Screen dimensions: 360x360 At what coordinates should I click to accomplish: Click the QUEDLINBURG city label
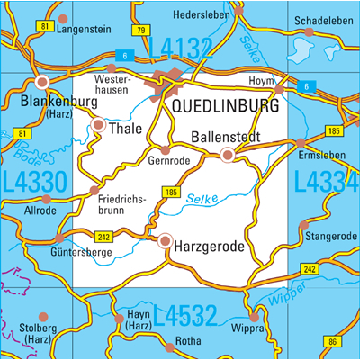click(225, 106)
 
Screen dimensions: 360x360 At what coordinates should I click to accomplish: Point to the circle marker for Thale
click(99, 125)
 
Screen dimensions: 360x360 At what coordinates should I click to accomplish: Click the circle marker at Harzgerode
click(165, 240)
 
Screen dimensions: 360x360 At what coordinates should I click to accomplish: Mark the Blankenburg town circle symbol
click(42, 82)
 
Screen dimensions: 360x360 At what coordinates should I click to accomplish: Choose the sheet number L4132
click(180, 48)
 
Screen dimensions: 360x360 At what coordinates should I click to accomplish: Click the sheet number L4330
click(34, 181)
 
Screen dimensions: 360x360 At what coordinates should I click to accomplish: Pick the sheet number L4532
click(185, 316)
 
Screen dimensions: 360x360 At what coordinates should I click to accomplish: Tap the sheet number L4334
click(327, 181)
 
